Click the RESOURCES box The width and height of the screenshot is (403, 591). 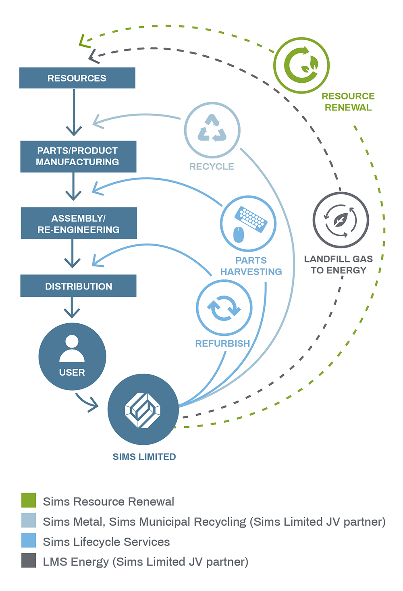(77, 78)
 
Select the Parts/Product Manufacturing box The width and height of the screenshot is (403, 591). (78, 156)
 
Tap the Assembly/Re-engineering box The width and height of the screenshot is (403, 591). (79, 223)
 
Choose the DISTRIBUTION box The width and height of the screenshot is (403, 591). (78, 286)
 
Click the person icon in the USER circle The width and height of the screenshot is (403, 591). (72, 349)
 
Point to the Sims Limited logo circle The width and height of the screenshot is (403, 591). (143, 410)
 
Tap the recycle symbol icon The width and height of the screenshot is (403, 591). (212, 129)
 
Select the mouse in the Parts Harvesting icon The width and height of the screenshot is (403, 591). (239, 234)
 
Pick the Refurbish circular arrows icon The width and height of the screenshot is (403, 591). (224, 308)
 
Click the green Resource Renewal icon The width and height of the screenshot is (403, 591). (301, 65)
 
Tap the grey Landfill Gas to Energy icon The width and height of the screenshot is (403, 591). (341, 220)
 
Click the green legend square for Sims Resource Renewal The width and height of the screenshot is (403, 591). (29, 500)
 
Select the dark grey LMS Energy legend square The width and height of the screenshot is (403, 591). (29, 561)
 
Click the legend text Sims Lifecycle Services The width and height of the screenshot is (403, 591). (106, 542)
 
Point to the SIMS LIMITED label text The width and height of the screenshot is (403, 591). (144, 457)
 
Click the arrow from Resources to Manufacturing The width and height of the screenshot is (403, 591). (74, 113)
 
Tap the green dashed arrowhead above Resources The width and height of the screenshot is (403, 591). (84, 42)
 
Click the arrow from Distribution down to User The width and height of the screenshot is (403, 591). (72, 308)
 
